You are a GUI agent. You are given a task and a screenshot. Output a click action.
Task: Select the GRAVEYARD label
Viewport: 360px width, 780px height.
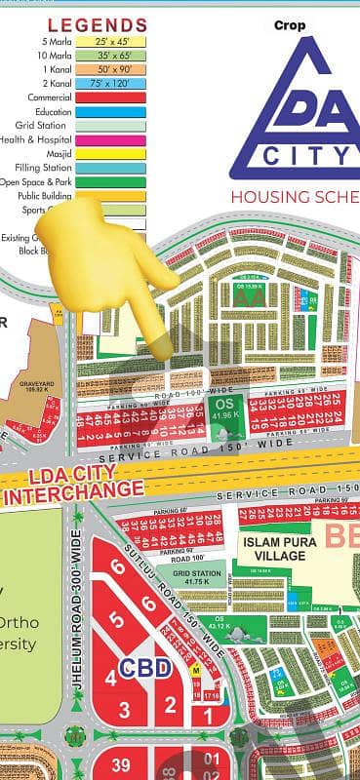click(36, 384)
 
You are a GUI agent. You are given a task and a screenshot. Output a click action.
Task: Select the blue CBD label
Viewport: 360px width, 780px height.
click(145, 668)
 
